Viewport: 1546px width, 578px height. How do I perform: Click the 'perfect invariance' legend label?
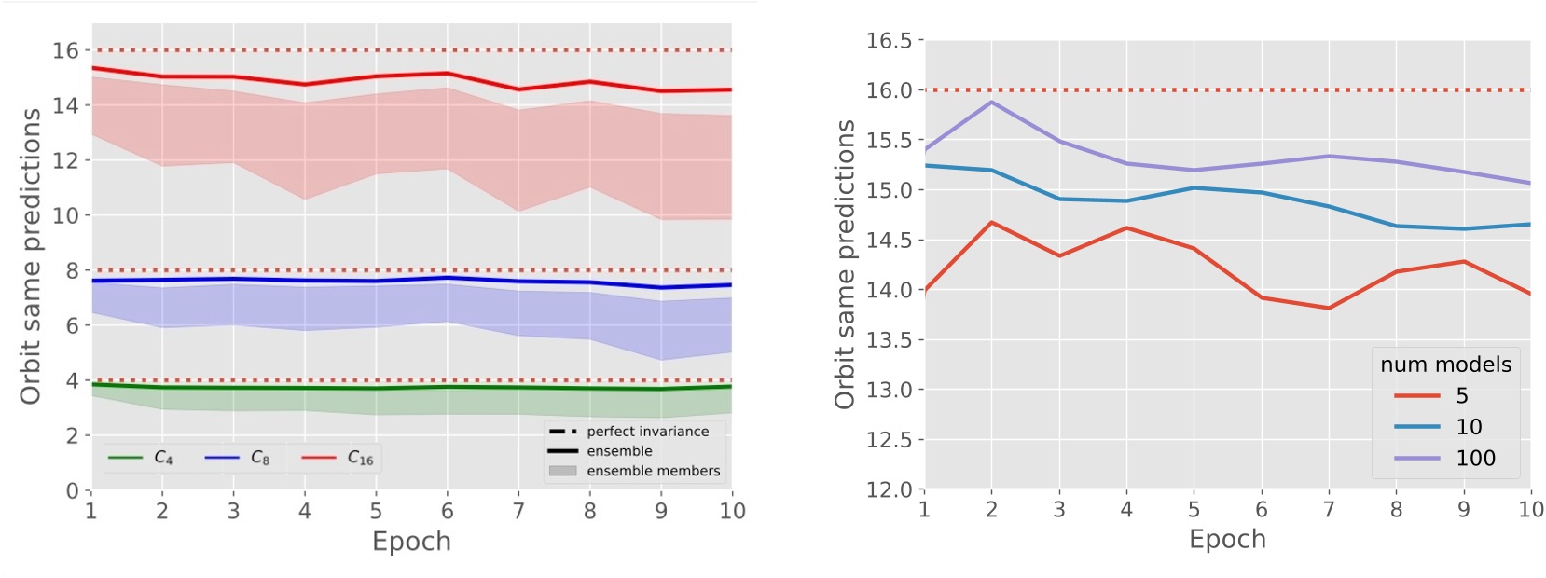647,431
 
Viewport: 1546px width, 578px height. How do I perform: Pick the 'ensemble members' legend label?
653,471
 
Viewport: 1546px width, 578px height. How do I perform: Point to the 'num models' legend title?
1445,365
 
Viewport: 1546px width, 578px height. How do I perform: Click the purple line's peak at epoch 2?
991,102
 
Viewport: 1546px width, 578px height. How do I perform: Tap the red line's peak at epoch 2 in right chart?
991,222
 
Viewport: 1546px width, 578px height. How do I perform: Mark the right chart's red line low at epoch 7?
1329,308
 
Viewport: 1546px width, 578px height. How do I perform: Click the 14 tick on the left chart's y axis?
65,105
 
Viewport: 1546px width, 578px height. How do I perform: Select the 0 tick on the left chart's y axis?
72,490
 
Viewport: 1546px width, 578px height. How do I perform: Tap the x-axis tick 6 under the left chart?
447,511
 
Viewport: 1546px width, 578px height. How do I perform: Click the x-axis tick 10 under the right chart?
1530,509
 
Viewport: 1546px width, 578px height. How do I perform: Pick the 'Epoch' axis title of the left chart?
411,542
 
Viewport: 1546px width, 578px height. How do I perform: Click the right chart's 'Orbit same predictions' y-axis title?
845,264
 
